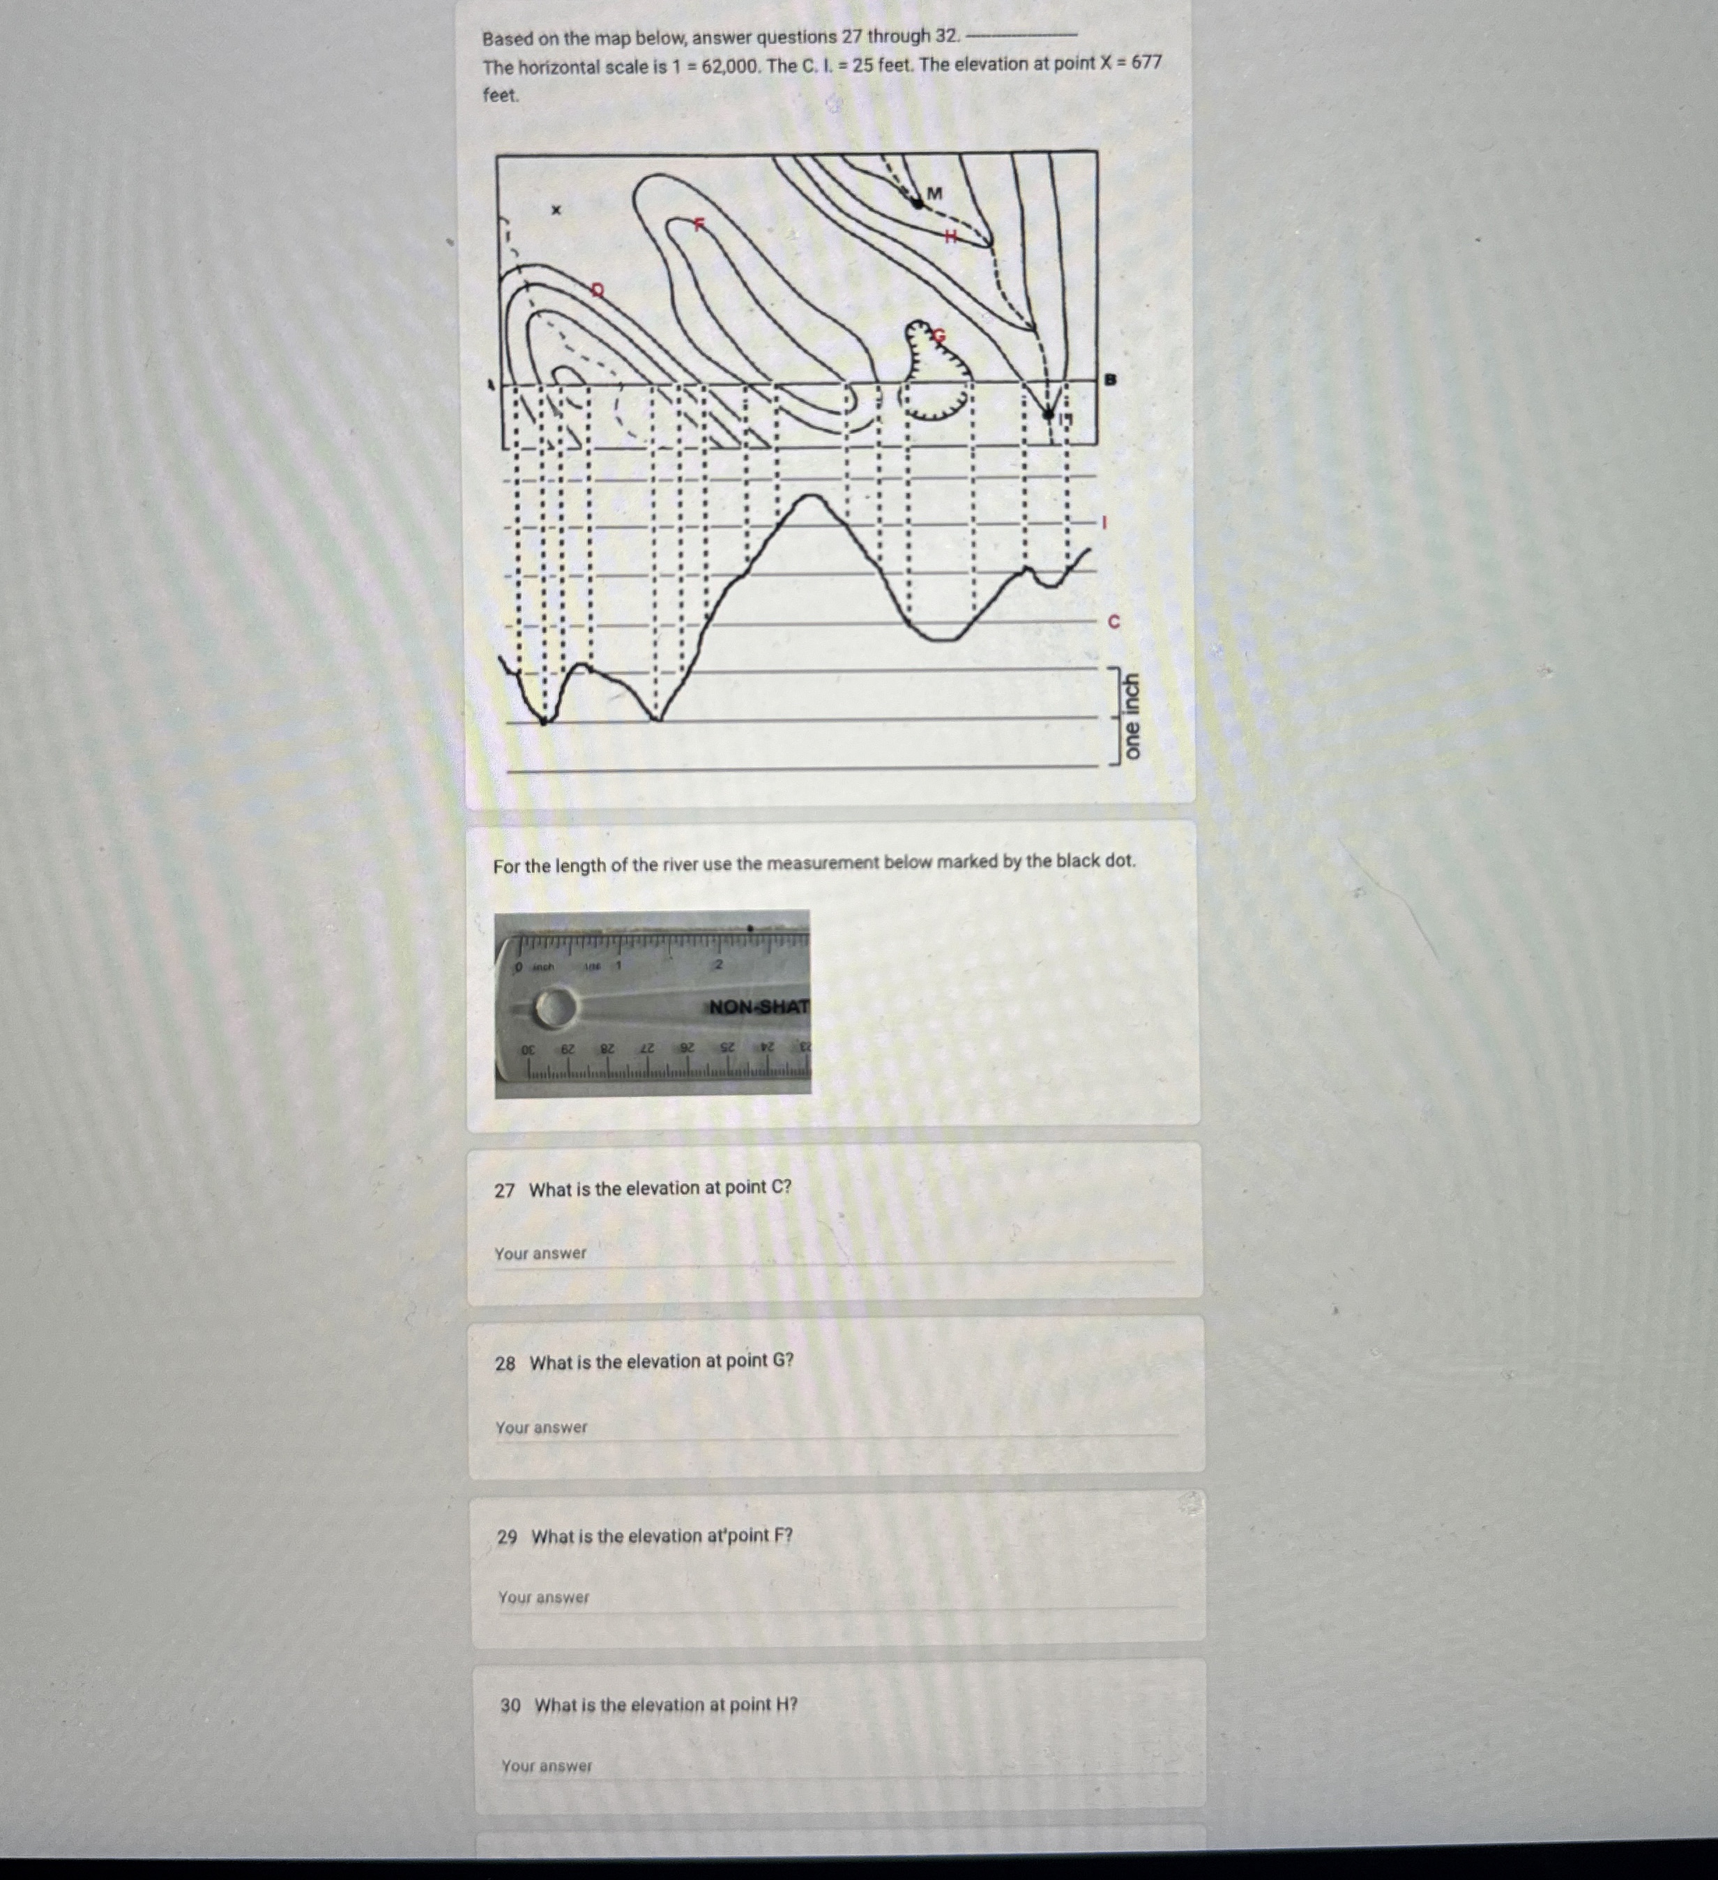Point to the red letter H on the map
951,236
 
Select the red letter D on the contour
598,290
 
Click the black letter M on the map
935,193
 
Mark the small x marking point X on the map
556,211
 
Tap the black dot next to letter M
918,202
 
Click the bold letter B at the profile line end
1109,379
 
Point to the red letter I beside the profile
1104,522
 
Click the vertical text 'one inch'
1131,716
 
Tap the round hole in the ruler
554,1008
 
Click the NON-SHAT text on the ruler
759,1007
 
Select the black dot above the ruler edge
750,928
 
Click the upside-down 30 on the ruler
529,1049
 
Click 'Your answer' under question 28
542,1427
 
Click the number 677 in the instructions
1146,63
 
